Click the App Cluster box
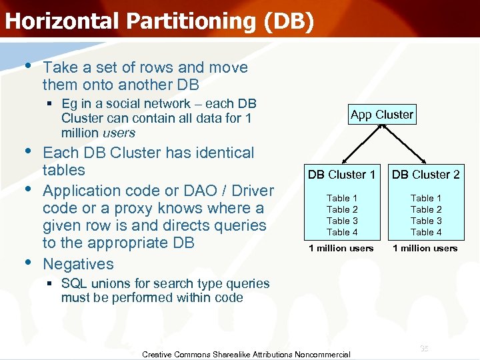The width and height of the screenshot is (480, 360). [381, 115]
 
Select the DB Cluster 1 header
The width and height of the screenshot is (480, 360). [341, 175]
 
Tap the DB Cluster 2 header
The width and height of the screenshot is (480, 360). [425, 175]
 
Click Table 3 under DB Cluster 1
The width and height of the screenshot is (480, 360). [341, 221]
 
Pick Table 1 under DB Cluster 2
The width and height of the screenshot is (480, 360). [425, 198]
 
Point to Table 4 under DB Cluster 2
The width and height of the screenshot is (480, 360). [425, 232]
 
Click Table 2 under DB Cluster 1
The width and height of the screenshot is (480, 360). [341, 209]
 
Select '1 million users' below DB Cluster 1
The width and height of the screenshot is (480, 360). [341, 248]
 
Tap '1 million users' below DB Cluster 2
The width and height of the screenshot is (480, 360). [425, 248]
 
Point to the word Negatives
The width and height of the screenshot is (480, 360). [78, 264]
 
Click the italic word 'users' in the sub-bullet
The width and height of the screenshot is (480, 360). [119, 133]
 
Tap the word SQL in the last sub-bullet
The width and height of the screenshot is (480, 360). [73, 283]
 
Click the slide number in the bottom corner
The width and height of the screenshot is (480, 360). [424, 349]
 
